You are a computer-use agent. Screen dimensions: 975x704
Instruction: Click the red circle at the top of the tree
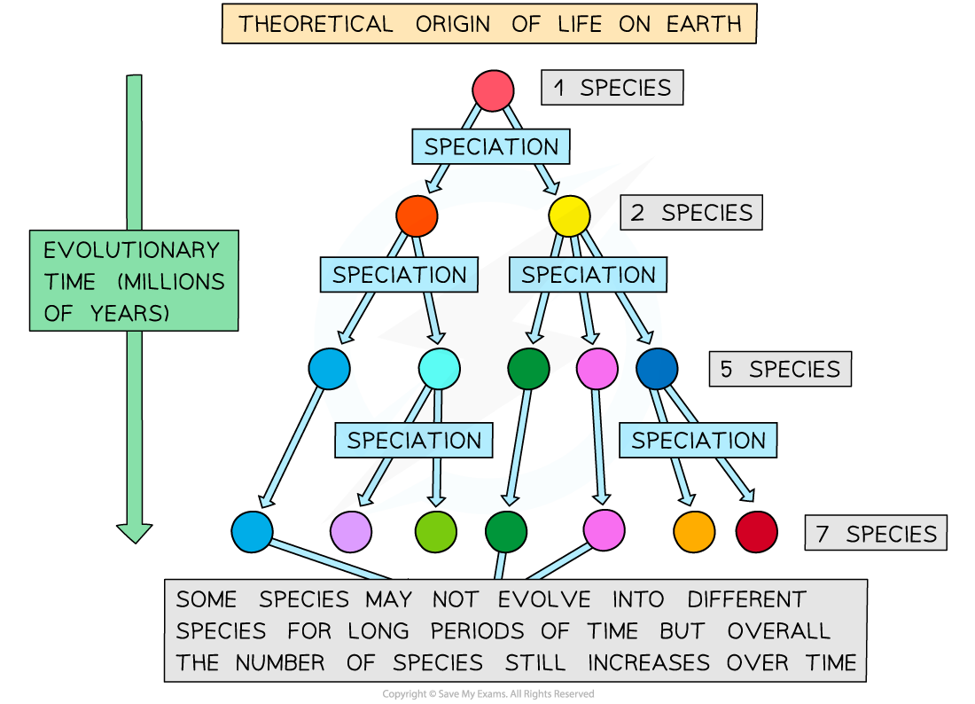tap(493, 90)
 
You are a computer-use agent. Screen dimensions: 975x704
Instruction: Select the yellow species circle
tap(569, 215)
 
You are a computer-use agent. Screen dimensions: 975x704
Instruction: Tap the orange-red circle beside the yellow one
tap(417, 215)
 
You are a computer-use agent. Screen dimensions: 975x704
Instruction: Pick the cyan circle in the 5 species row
tap(440, 369)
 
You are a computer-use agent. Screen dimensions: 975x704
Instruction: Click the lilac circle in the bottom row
tap(351, 532)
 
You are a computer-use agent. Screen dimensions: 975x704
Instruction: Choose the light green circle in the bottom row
tap(436, 532)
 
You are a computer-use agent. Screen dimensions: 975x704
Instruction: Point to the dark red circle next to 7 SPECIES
tap(757, 532)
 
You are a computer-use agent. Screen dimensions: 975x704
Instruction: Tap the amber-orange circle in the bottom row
tap(695, 532)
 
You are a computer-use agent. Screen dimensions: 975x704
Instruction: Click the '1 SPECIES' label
tap(612, 88)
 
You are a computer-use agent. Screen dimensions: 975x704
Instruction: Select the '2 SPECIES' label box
tap(691, 213)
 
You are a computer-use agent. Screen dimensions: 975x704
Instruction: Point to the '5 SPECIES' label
tap(780, 370)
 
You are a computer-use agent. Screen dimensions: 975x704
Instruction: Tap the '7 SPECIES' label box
tap(876, 533)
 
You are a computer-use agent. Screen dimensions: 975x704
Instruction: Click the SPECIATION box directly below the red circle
tap(491, 147)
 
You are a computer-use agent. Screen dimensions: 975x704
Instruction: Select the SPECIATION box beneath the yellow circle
tap(589, 275)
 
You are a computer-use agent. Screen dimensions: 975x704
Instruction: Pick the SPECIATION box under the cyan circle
tap(414, 441)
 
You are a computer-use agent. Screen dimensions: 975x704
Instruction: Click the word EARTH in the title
tap(704, 24)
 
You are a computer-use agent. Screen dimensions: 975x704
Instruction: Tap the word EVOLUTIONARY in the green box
tap(131, 250)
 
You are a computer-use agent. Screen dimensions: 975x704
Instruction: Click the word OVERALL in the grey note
tap(778, 630)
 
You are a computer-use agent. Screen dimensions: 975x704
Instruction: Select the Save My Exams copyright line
tap(488, 694)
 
